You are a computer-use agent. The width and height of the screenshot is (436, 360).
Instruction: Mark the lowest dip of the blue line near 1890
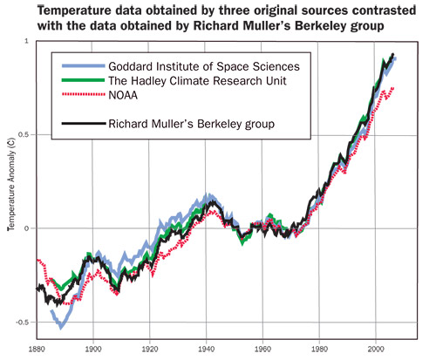pyautogui.click(x=60, y=327)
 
